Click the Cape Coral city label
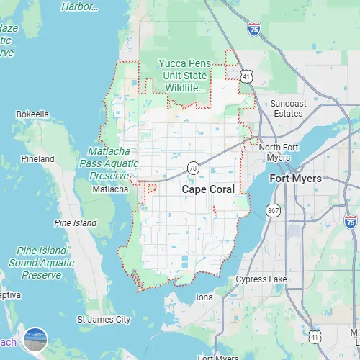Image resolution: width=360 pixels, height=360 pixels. click(208, 189)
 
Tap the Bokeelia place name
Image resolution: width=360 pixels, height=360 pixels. click(32, 114)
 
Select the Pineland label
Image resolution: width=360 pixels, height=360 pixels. click(38, 158)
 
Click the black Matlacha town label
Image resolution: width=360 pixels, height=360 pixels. click(110, 189)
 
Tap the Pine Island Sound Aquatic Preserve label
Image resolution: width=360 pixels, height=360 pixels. click(41, 263)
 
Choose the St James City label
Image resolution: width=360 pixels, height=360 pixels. click(104, 318)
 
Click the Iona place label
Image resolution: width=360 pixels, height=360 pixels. click(204, 297)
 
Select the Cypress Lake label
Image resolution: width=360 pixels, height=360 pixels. click(261, 279)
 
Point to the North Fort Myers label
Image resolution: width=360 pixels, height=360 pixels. click(274, 152)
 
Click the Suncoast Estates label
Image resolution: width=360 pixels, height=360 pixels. click(288, 108)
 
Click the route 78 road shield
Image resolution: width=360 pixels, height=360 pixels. click(192, 167)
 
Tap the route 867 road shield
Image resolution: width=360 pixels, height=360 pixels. click(273, 211)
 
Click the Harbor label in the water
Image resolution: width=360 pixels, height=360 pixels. click(80, 6)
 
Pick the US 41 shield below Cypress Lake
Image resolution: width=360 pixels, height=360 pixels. click(314, 336)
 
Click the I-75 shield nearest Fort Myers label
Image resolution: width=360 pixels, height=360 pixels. click(351, 221)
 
